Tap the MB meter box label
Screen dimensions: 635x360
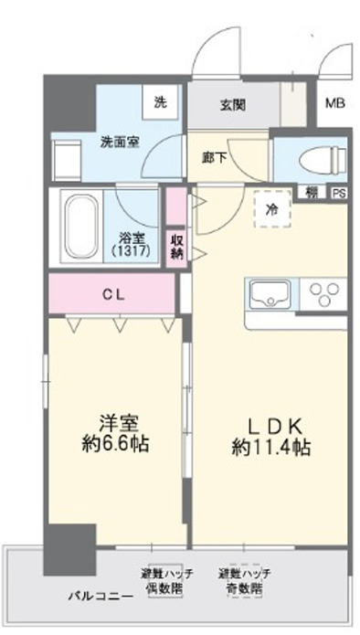(x=332, y=103)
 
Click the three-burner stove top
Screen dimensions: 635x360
(x=323, y=296)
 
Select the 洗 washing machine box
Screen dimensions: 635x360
(x=162, y=102)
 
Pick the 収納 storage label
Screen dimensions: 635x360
(x=176, y=244)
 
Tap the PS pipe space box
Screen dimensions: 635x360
(x=338, y=193)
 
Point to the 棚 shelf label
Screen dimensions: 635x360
(x=312, y=193)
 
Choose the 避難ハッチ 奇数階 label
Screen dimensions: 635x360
(x=244, y=582)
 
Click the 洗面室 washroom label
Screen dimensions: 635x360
(x=119, y=143)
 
